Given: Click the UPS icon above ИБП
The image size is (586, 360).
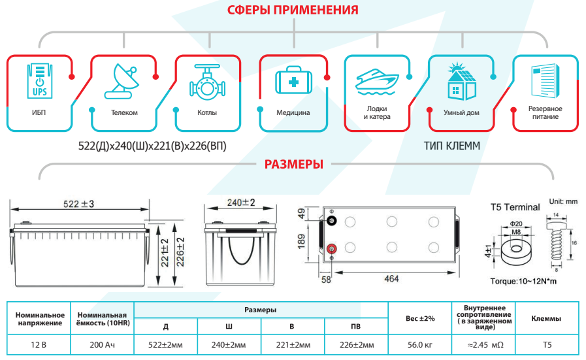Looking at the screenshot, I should click(39, 80).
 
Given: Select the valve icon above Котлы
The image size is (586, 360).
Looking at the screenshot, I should click(207, 81).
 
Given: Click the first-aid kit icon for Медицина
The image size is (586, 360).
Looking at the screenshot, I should click(293, 82).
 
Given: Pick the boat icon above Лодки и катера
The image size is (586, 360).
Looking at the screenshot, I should click(377, 81).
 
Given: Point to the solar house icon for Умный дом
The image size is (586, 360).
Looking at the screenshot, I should click(461, 80).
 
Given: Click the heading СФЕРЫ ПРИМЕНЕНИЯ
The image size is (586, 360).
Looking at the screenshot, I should click(293, 10).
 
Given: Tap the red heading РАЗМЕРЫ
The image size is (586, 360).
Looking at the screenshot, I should click(293, 164).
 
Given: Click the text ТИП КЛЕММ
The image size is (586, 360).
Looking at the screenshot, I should click(451, 146).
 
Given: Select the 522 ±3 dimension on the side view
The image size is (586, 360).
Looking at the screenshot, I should click(78, 205).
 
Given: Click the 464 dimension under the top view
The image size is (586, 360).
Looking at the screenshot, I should click(393, 279).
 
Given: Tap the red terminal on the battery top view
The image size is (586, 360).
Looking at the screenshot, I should click(331, 248).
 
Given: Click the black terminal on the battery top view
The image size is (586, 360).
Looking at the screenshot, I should click(331, 221).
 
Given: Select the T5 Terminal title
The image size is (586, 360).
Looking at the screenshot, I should click(515, 207).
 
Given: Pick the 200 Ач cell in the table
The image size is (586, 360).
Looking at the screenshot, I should click(101, 344).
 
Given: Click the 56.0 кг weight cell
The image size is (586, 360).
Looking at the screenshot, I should click(419, 344).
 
